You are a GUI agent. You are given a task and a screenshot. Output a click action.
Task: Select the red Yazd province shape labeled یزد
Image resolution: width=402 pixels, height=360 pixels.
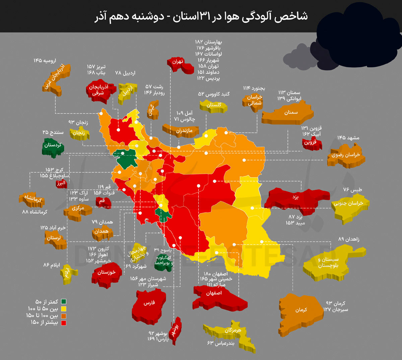point(295,200)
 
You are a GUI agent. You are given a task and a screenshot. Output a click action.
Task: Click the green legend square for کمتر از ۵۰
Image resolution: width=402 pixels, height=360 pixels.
point(64,302)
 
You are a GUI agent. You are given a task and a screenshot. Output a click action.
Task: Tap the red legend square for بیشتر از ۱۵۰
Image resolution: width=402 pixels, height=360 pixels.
point(64,323)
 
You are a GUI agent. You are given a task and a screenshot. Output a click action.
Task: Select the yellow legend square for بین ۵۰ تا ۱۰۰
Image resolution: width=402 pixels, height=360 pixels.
point(64,309)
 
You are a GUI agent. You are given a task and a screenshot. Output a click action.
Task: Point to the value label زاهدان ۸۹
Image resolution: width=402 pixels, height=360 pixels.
point(348,239)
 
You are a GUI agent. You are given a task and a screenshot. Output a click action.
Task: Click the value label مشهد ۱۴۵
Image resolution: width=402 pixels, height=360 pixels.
point(348,138)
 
